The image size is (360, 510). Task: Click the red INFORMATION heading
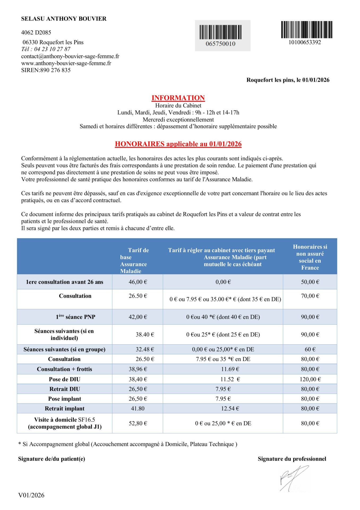[178, 98]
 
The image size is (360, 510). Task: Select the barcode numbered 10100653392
[307, 30]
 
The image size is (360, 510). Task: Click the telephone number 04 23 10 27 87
[52, 49]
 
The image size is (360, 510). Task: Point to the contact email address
[70, 56]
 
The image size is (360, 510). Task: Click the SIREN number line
[46, 70]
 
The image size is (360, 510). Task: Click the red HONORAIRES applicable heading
[178, 144]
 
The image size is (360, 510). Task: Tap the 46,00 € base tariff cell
[138, 282]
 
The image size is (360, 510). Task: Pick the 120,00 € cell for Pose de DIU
[310, 379]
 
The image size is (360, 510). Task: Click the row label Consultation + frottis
[65, 369]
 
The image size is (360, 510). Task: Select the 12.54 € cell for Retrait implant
[230, 409]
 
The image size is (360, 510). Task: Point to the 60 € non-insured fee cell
[310, 349]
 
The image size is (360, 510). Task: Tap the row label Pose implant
[65, 399]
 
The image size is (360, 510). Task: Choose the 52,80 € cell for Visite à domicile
[138, 423]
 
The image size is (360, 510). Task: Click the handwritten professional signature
[293, 478]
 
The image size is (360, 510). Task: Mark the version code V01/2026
[31, 495]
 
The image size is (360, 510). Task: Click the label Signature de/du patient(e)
[52, 459]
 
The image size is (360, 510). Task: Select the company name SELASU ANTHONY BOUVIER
[64, 19]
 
